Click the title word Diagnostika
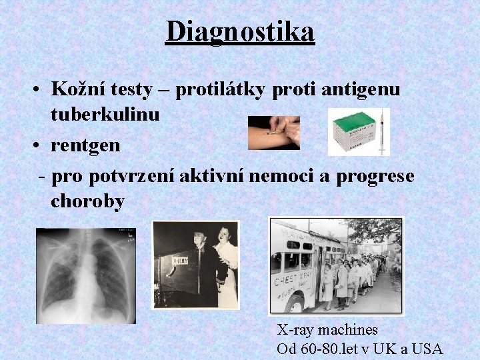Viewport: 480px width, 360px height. point(240,31)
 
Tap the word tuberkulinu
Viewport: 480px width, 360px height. point(105,114)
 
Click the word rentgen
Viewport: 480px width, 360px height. point(84,145)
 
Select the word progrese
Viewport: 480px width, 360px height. point(375,176)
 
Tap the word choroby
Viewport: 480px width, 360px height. point(87,201)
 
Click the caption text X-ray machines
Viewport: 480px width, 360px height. point(327,329)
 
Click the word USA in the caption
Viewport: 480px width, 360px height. point(427,348)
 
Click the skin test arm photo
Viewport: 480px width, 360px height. point(273,133)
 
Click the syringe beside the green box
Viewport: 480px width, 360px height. point(382,132)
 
